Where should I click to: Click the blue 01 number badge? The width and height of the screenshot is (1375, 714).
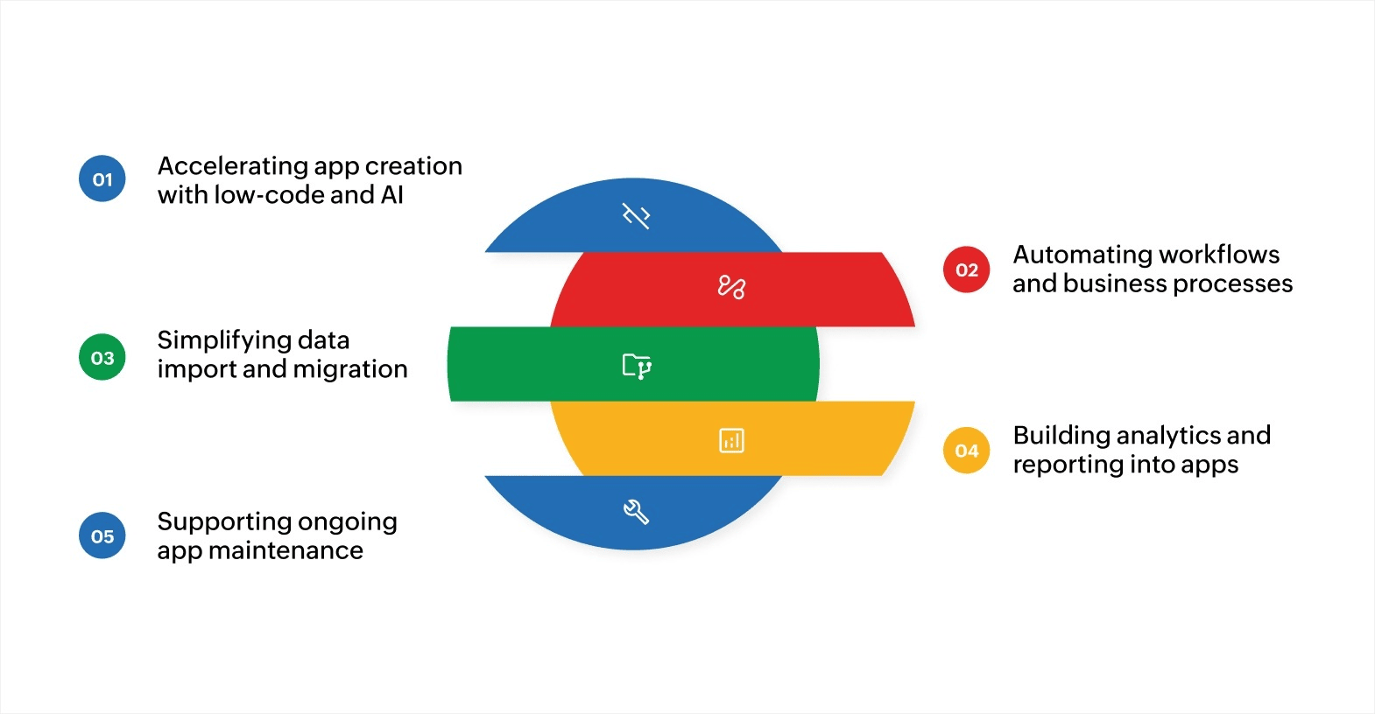point(102,179)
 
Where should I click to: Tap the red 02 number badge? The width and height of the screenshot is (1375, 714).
point(966,269)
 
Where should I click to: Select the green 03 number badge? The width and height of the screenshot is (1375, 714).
point(102,357)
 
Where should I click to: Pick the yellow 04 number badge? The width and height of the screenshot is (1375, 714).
point(966,451)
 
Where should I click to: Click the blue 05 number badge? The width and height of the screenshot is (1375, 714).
point(102,535)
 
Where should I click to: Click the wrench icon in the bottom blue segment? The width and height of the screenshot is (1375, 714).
point(636,512)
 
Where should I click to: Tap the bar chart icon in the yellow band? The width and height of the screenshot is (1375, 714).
point(731,440)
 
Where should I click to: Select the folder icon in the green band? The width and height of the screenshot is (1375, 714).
point(637,366)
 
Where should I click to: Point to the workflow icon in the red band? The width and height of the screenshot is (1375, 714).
point(731,286)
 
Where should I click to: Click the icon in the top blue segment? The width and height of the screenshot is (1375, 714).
point(636,215)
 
